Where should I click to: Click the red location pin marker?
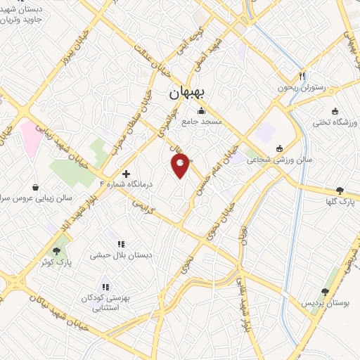[181, 165]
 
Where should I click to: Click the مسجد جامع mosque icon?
[202, 110]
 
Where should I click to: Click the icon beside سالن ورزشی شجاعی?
[280, 148]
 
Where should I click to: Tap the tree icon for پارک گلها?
[340, 191]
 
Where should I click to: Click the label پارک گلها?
[340, 202]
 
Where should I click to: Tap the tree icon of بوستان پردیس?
[324, 292]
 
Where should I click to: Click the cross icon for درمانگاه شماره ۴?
[126, 173]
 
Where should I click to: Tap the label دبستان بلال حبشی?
[114, 256]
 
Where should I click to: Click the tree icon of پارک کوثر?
[56, 251]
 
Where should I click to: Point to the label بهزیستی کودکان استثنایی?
[105, 303]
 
